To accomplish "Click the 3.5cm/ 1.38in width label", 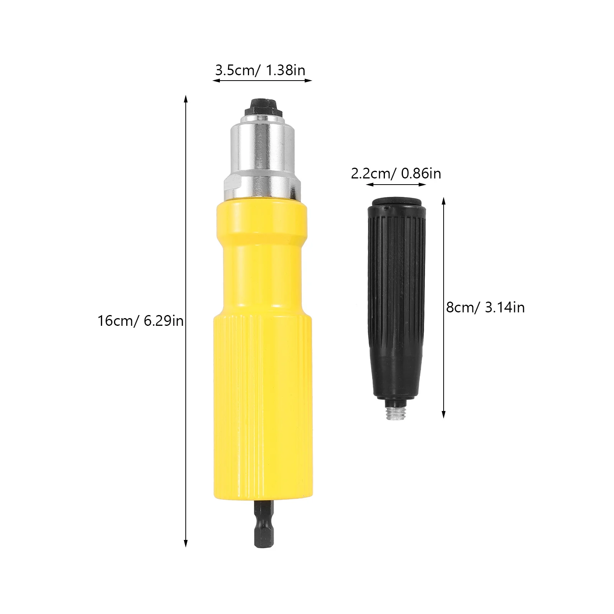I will pyautogui.click(x=260, y=71).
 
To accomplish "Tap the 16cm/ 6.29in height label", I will pyautogui.click(x=140, y=320).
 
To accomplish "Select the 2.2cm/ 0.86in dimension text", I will pyautogui.click(x=396, y=174).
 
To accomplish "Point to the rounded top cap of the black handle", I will pyautogui.click(x=395, y=202).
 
